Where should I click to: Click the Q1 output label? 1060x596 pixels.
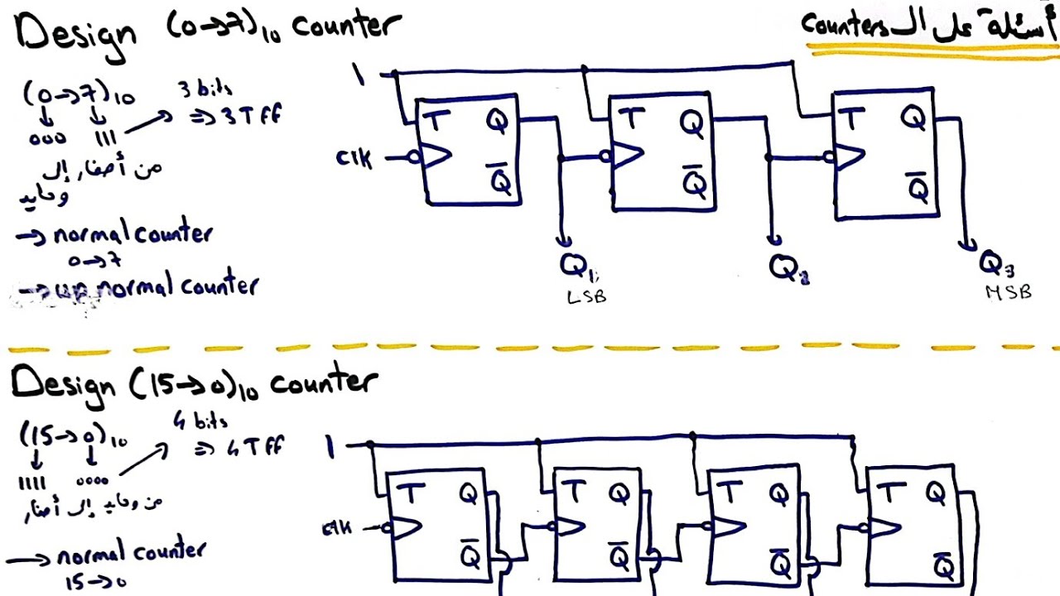click(x=576, y=266)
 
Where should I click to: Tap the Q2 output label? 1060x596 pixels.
click(x=788, y=267)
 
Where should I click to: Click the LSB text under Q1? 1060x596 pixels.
click(x=586, y=296)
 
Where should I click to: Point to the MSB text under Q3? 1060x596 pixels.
click(x=1008, y=292)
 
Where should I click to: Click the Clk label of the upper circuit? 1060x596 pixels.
click(x=354, y=156)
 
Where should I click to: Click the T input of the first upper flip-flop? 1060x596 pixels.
click(x=434, y=119)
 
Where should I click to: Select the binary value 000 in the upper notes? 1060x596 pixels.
click(x=47, y=139)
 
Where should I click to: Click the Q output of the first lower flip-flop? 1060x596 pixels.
click(x=467, y=494)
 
